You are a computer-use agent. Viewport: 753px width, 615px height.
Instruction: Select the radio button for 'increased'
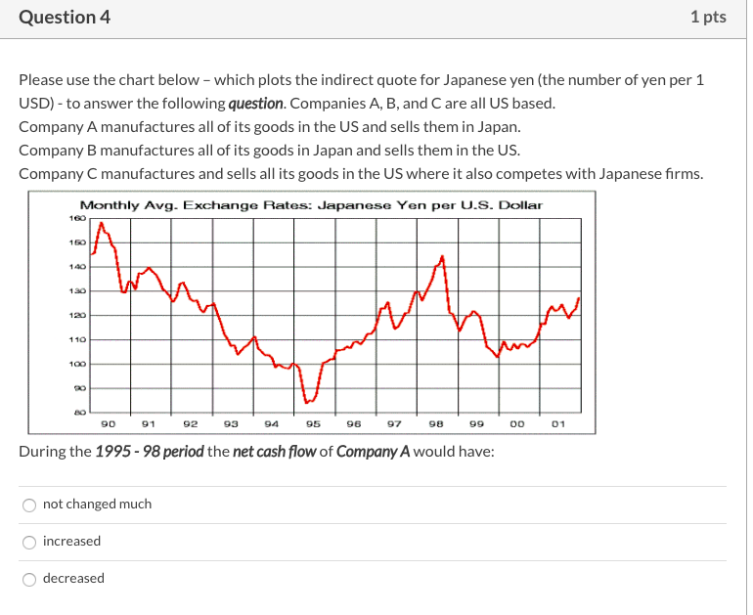click(x=30, y=542)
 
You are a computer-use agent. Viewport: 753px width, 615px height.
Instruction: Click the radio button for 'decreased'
click(x=30, y=579)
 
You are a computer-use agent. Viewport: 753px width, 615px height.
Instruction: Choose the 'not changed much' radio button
click(x=30, y=505)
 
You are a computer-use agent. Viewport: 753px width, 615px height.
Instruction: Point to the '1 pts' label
click(x=707, y=18)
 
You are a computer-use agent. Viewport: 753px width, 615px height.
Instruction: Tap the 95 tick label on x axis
click(x=313, y=424)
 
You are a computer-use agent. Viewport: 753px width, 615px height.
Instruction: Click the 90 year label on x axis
click(x=109, y=424)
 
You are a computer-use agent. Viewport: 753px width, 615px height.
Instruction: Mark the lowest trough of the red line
click(x=306, y=402)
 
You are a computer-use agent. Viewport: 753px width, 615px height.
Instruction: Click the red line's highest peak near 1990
click(x=102, y=224)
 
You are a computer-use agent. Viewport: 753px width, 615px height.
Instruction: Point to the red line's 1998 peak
click(x=442, y=257)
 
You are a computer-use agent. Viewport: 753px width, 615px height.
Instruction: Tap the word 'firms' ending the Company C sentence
click(x=683, y=174)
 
